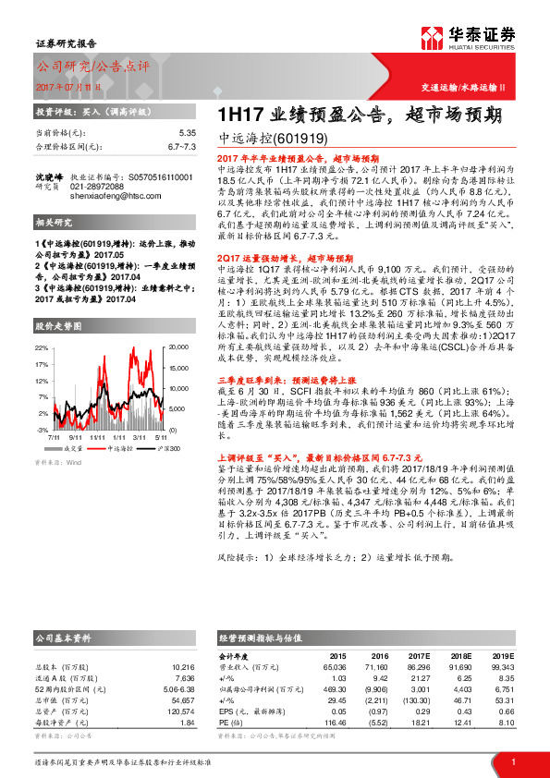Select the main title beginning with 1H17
point(360,115)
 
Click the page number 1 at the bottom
point(511,760)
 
